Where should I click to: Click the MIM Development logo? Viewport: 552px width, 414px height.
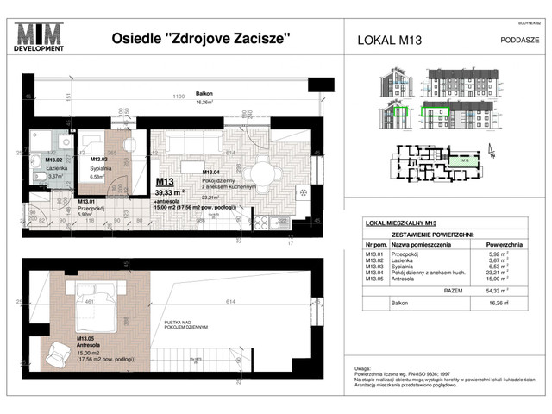click(43, 38)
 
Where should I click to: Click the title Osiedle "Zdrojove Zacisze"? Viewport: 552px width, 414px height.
click(202, 38)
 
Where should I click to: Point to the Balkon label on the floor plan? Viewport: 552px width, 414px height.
click(204, 93)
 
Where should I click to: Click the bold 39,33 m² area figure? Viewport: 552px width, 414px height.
click(173, 193)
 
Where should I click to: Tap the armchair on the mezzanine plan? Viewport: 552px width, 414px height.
click(62, 351)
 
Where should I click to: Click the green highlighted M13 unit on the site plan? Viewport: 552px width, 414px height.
click(464, 160)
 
